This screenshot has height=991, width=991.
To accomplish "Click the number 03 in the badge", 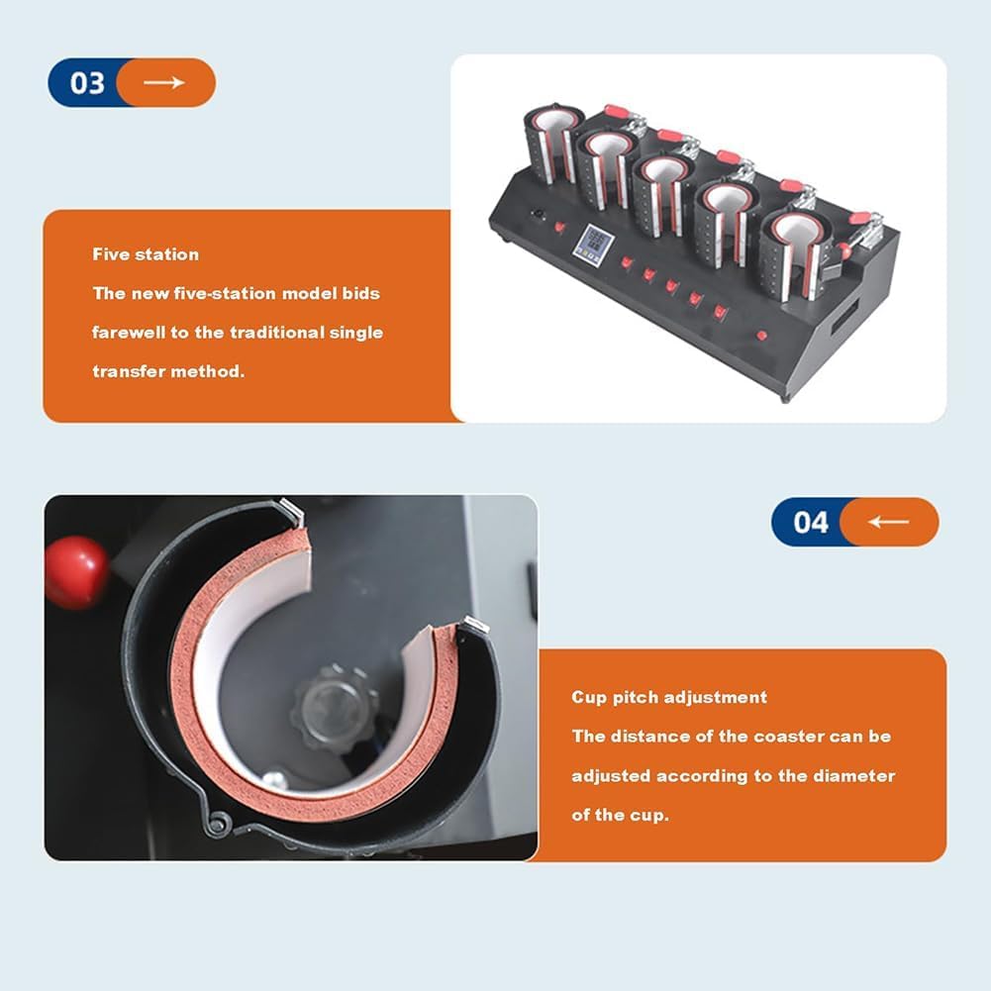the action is tap(87, 83).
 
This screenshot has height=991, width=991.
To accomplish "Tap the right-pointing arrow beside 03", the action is tap(163, 82).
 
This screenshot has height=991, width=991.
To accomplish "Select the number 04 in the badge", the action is tap(810, 522).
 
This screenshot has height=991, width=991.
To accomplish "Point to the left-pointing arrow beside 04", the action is tap(888, 522).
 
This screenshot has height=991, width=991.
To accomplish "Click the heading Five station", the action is tap(146, 254).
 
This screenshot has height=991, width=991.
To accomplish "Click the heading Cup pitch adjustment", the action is tap(669, 697).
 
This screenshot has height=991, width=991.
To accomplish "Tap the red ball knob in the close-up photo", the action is tap(76, 572).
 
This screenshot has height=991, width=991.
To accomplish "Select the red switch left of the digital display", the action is tap(559, 227).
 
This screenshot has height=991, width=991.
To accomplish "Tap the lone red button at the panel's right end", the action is tap(761, 336).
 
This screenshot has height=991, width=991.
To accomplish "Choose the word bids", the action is tap(361, 293).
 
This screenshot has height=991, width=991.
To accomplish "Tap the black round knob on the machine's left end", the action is tap(538, 214).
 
